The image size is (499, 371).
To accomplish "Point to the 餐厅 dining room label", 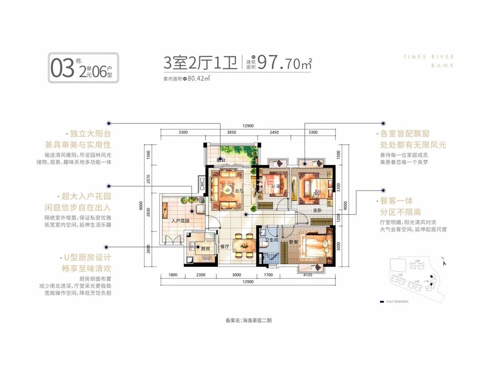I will coord(225,247).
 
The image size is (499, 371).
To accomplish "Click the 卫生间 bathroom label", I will coord(266,240).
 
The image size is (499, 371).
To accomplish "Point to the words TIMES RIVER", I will coord(428,57).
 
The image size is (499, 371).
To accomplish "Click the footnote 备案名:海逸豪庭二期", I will coord(248,321).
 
